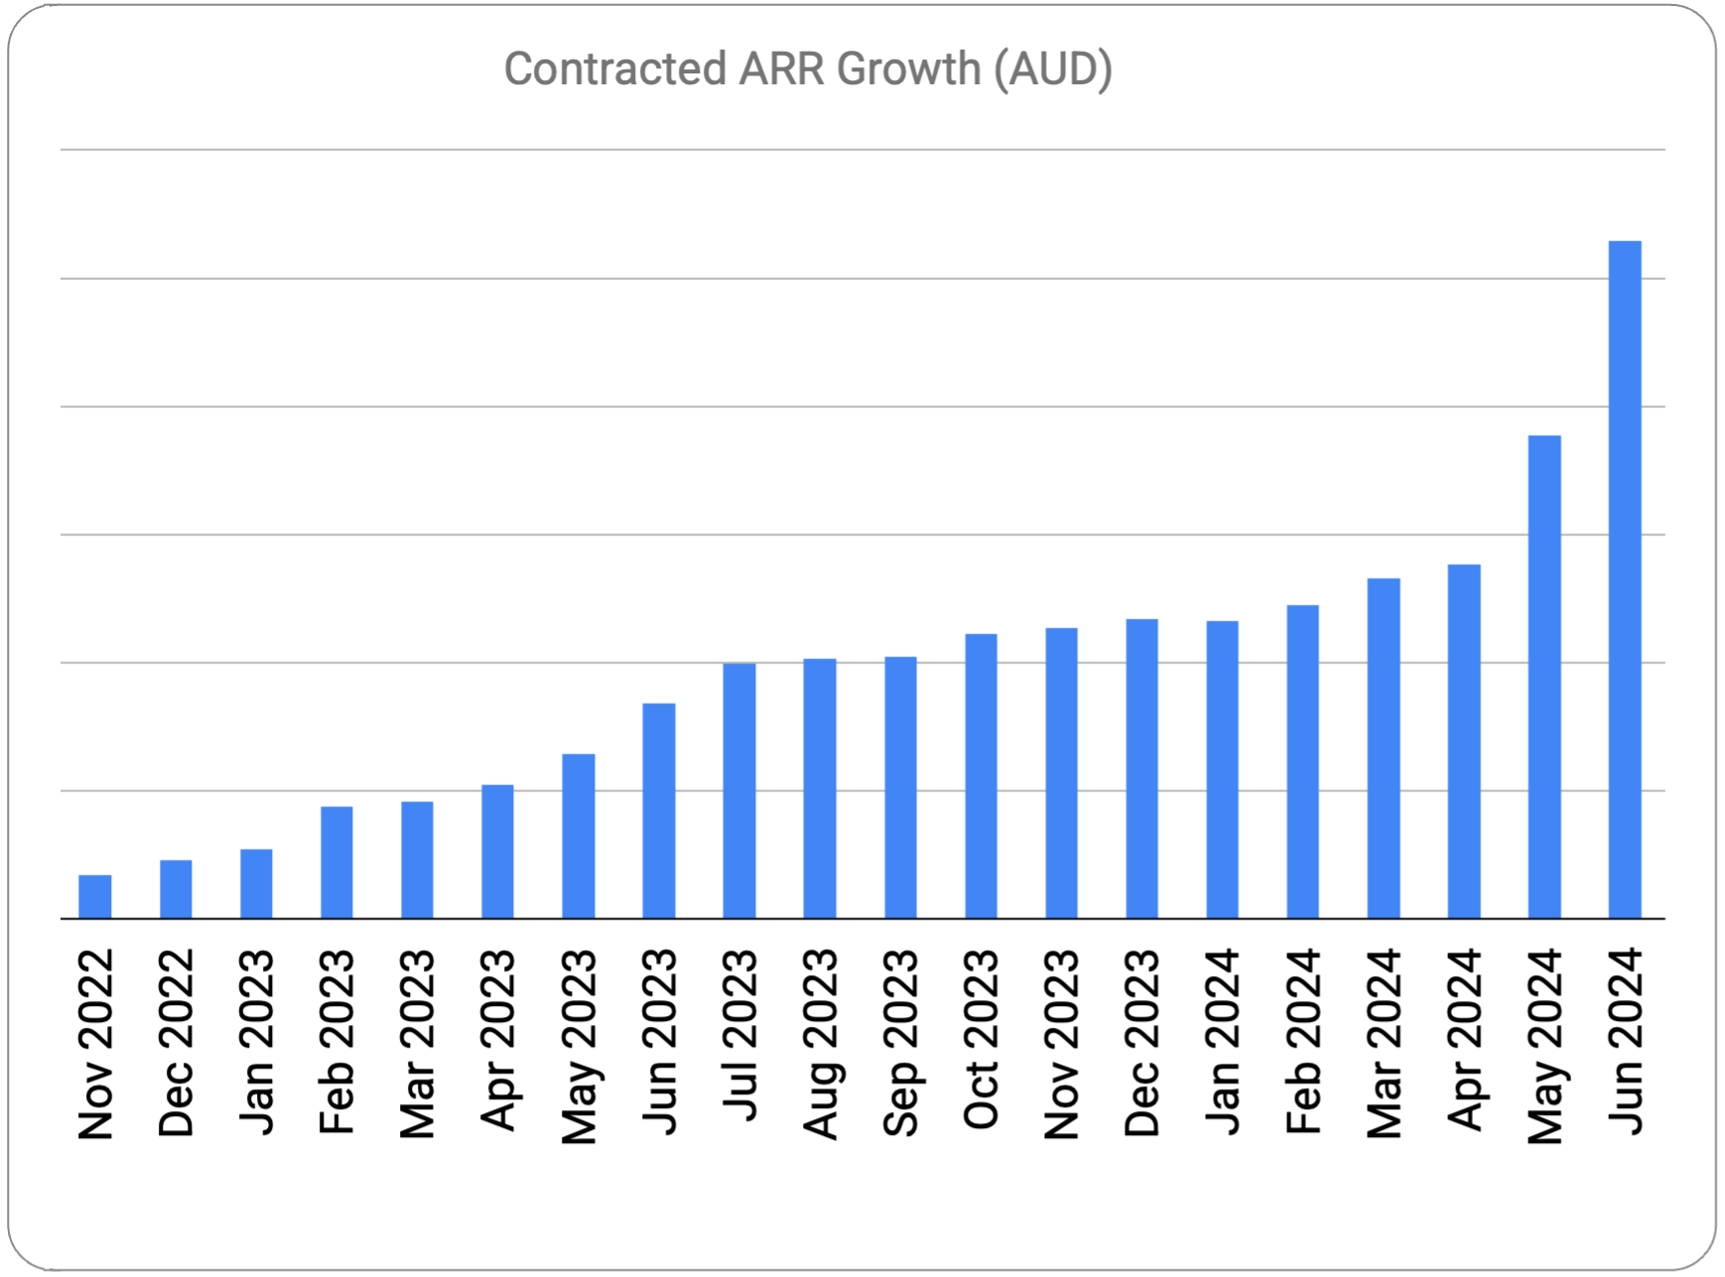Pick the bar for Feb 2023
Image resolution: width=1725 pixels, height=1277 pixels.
336,862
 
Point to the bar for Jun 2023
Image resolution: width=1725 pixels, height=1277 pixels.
658,811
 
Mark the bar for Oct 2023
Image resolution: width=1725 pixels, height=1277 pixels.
981,776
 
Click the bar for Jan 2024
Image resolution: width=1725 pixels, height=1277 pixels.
1222,769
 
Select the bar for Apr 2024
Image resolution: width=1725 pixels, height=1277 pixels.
1463,741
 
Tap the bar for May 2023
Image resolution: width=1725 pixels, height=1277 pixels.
578,835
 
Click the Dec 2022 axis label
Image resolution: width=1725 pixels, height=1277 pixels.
176,1042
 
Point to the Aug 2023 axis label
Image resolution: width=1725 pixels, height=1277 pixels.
820,1043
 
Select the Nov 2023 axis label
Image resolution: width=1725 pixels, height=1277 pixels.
1061,1043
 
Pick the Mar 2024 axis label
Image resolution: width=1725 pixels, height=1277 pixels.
1384,1043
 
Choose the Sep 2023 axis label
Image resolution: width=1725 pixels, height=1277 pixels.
900,1042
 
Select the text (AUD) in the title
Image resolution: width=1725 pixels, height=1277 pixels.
1053,69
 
